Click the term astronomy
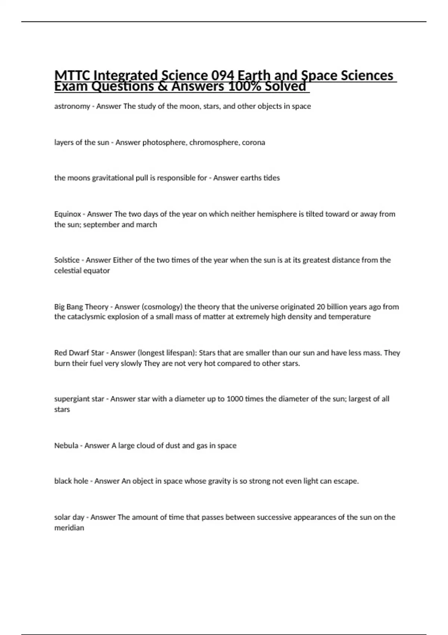[x=72, y=106]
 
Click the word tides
[x=271, y=178]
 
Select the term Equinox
[x=68, y=214]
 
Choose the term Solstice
[x=67, y=260]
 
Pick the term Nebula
[x=66, y=446]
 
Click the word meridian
[x=69, y=528]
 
